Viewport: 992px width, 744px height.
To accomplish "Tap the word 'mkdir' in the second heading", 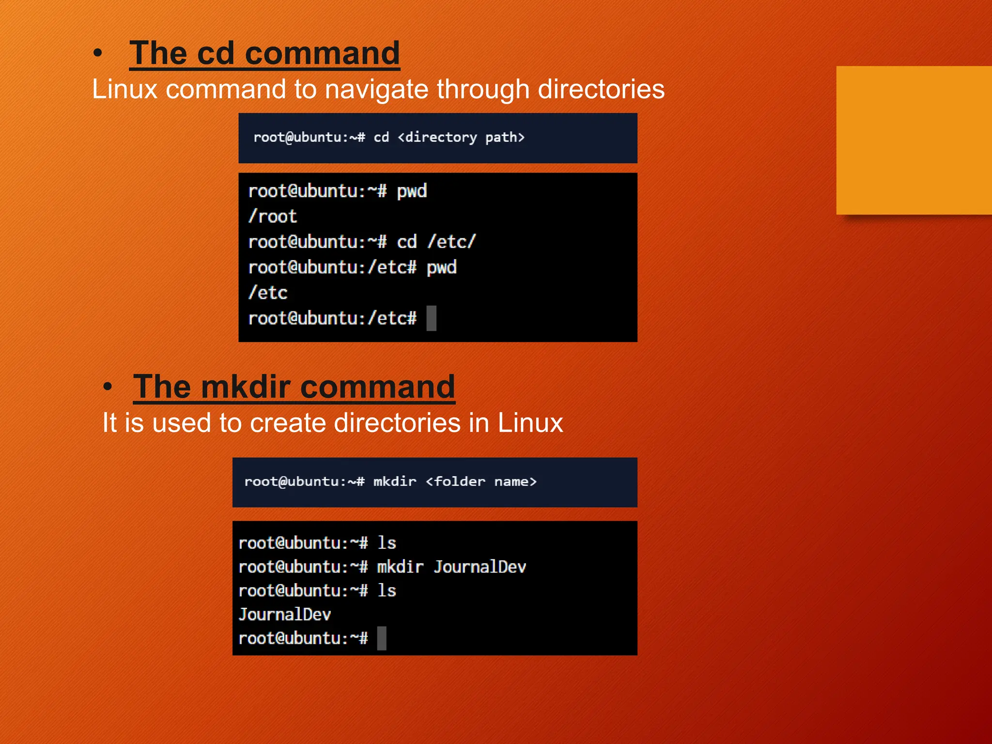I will [246, 387].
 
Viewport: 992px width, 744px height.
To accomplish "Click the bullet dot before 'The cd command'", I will [98, 53].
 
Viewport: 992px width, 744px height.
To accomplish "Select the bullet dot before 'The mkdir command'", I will [108, 387].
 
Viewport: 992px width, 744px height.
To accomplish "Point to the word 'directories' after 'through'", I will [601, 89].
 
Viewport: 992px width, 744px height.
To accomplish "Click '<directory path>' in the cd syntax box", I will [461, 138].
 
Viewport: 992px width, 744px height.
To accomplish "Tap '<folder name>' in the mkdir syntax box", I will [481, 481].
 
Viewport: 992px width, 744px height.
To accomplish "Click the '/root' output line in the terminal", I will [272, 217].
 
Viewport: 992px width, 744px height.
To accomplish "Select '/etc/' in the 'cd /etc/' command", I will [451, 242].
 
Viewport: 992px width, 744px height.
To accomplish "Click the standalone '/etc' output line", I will [268, 293].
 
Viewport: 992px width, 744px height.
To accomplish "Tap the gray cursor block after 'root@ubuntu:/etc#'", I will [431, 318].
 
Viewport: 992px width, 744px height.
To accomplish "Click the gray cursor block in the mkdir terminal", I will [382, 638].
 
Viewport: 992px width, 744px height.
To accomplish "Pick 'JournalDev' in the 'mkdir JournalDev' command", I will [480, 567].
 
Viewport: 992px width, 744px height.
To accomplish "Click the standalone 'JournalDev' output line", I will [285, 615].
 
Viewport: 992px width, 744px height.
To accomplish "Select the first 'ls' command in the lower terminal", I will [387, 543].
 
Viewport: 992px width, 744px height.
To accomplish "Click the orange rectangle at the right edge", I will [914, 140].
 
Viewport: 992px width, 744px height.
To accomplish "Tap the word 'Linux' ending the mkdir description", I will [530, 423].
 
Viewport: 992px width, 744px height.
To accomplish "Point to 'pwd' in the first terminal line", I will [412, 191].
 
